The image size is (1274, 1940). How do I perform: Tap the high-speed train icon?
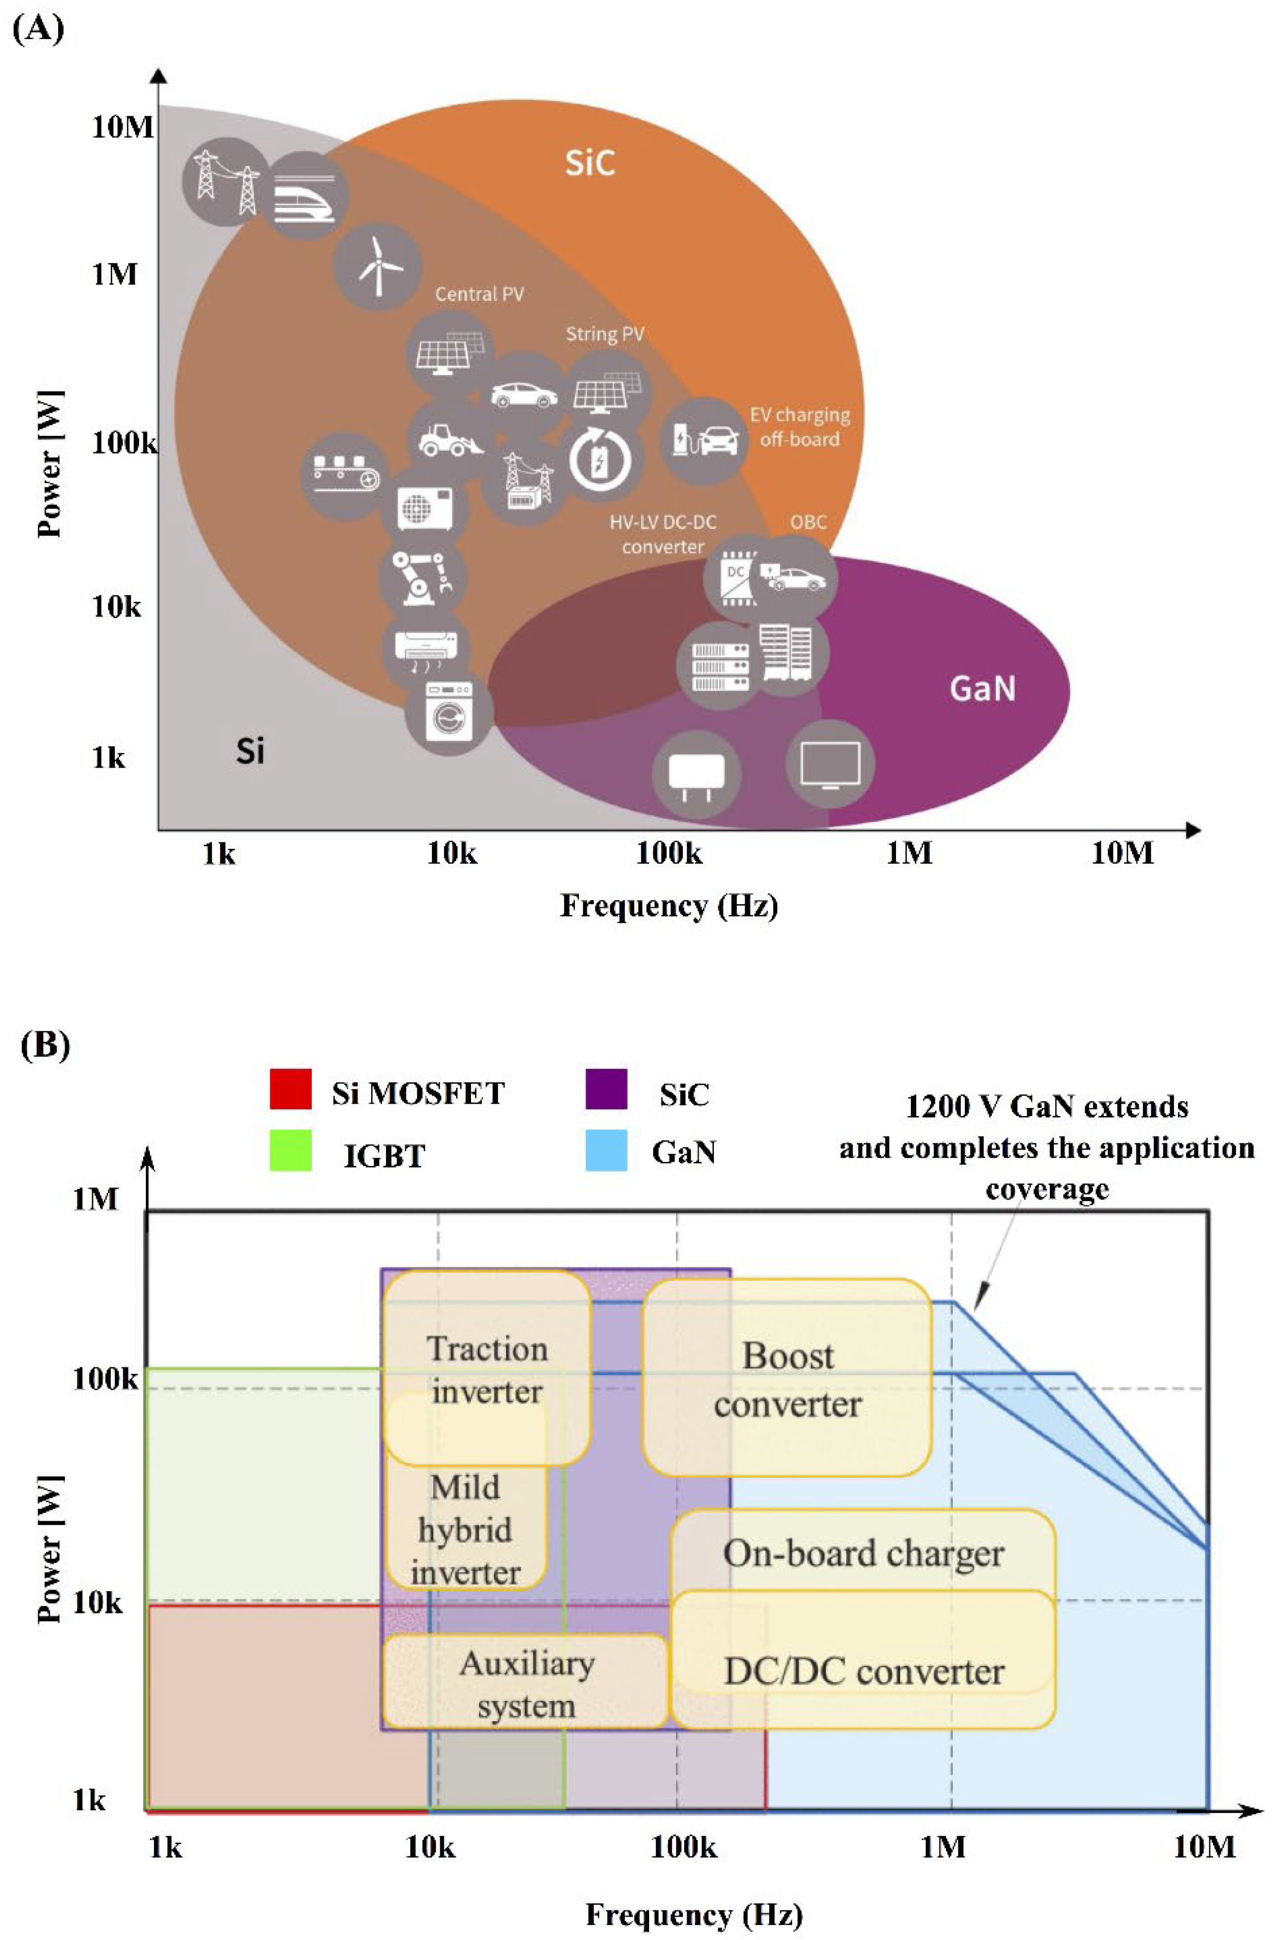click(305, 195)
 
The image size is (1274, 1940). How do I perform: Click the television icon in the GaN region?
click(830, 764)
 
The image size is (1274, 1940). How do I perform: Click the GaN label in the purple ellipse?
click(982, 689)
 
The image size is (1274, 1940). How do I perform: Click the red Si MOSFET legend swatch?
click(290, 1090)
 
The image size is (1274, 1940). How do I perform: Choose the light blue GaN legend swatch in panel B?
click(606, 1150)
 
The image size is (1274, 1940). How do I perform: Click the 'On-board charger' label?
click(862, 1553)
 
